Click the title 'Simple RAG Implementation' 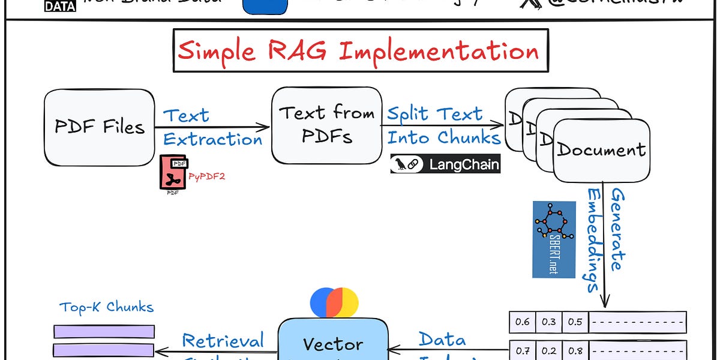pos(358,51)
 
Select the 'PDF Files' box pos(100,127)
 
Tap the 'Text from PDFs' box pos(326,125)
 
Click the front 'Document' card pos(601,150)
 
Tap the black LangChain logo pos(445,164)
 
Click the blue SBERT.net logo pos(554,239)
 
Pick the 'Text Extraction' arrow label pos(212,127)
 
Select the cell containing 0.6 pos(522,322)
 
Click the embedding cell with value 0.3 pos(548,322)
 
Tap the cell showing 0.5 pos(575,322)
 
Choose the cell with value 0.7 pos(522,350)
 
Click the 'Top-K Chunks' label pos(106,308)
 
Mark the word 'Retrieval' pos(223,341)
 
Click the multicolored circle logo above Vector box pos(334,302)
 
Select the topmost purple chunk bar pos(104,331)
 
